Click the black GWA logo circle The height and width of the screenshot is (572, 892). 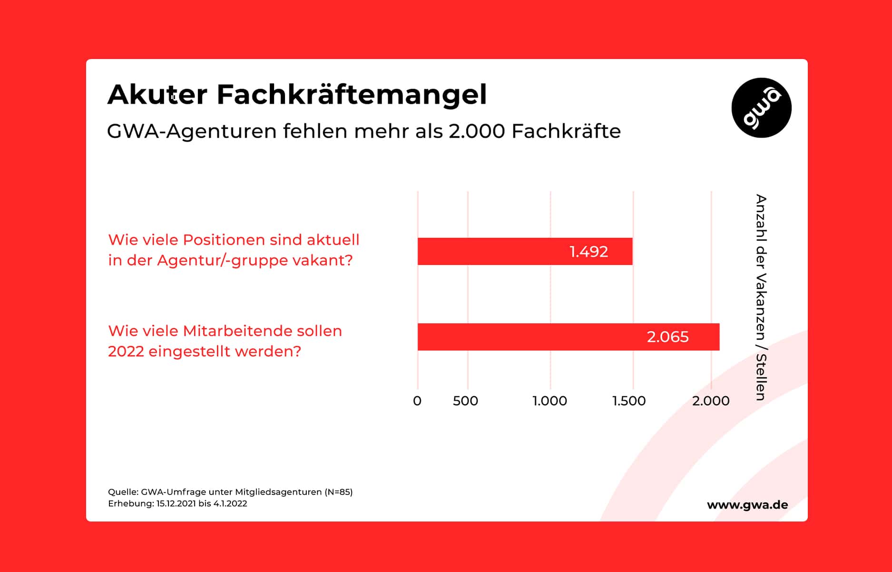(x=761, y=108)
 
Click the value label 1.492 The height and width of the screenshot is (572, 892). (x=588, y=251)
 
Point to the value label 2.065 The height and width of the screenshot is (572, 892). (x=667, y=337)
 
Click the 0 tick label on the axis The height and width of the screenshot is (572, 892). (x=417, y=401)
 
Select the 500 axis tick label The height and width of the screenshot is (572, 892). (x=465, y=401)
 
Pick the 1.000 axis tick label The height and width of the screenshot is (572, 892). (x=549, y=401)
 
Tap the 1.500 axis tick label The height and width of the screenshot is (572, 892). (x=629, y=401)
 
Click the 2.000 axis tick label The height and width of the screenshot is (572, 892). (x=710, y=401)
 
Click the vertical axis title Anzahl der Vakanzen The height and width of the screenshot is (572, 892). (x=761, y=297)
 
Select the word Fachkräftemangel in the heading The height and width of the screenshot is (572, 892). (x=352, y=94)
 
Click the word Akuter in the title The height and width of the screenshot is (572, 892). (x=157, y=94)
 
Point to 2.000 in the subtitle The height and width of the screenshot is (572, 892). (x=476, y=131)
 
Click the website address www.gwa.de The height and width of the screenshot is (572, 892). (x=747, y=505)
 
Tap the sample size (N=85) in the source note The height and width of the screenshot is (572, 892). (x=338, y=492)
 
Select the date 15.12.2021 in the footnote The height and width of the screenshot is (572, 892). (x=176, y=504)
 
